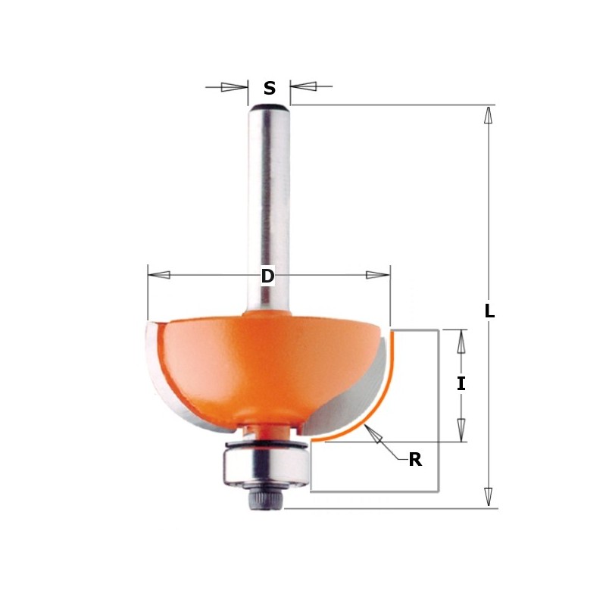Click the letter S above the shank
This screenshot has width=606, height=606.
pyautogui.click(x=270, y=89)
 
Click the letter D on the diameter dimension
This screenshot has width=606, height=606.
pyautogui.click(x=267, y=276)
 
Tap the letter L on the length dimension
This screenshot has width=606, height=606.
pyautogui.click(x=489, y=311)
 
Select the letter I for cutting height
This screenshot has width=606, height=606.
pyautogui.click(x=461, y=384)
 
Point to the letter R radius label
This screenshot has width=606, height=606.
pyautogui.click(x=414, y=459)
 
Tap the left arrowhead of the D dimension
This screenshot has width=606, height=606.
pyautogui.click(x=159, y=274)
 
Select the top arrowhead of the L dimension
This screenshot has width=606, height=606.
pyautogui.click(x=489, y=115)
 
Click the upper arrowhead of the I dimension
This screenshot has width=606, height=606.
pyautogui.click(x=461, y=342)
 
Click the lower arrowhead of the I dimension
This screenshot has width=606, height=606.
pyautogui.click(x=461, y=429)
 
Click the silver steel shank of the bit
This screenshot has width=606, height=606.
pyautogui.click(x=269, y=205)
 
